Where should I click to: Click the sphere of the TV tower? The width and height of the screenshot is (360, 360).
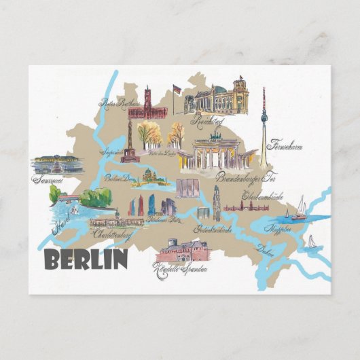(x=264, y=120)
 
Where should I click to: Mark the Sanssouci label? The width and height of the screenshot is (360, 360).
(x=48, y=180)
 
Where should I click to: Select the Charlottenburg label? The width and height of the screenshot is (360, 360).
(x=112, y=234)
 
